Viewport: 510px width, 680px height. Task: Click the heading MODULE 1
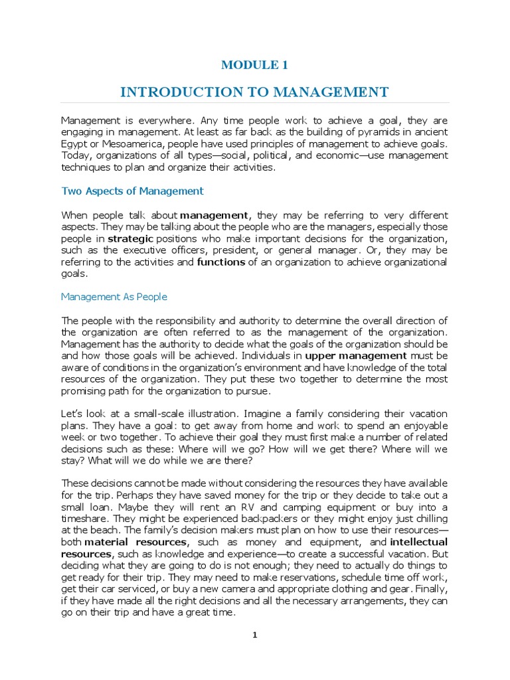click(x=254, y=64)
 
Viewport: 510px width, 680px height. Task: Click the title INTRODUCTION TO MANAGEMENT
click(x=254, y=92)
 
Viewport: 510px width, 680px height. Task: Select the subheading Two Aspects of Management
click(x=132, y=191)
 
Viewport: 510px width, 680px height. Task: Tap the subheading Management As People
click(x=114, y=296)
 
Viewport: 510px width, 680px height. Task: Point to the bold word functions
click(x=221, y=262)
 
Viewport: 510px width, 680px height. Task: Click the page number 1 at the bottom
click(x=254, y=636)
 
